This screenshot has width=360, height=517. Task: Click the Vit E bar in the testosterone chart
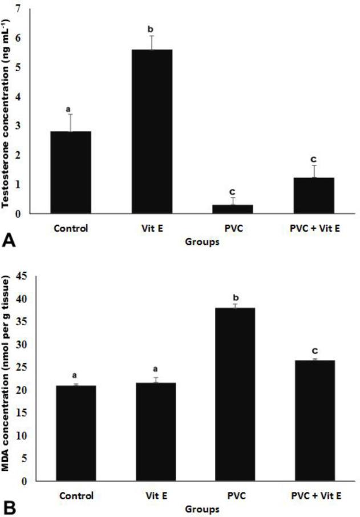coord(152,131)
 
